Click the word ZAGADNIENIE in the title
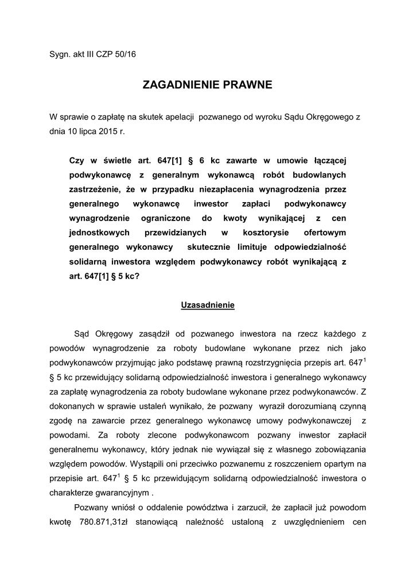click(x=178, y=86)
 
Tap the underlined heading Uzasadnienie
click(x=208, y=305)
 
